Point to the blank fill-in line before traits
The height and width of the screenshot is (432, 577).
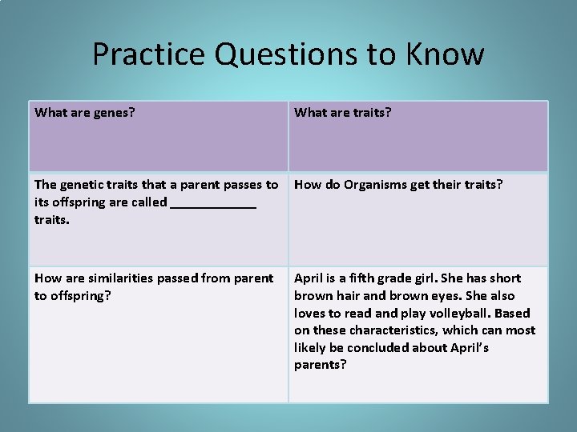click(x=213, y=203)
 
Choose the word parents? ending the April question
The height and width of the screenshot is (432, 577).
click(x=320, y=365)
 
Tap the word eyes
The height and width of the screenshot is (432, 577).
click(x=446, y=296)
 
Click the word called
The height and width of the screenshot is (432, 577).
click(x=149, y=202)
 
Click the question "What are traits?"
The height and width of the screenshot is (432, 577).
click(x=343, y=112)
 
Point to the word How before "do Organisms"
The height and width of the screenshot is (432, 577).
click(x=308, y=185)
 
